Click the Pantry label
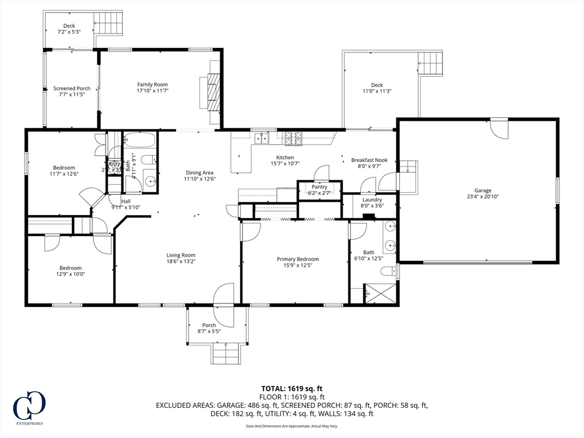(x=319, y=186)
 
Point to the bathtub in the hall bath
(x=140, y=140)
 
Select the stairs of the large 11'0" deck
(x=431, y=62)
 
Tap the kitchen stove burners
(x=294, y=137)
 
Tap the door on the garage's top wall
(x=500, y=128)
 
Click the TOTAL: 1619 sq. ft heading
(x=291, y=388)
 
